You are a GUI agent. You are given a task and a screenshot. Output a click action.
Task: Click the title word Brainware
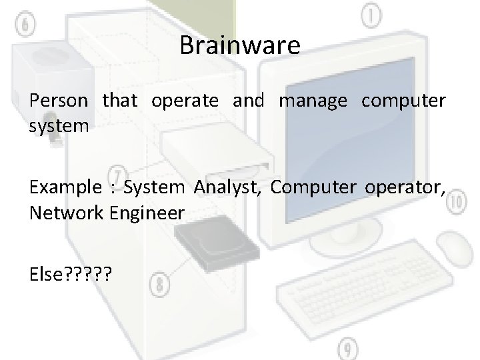240,45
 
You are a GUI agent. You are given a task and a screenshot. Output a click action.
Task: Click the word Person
59,101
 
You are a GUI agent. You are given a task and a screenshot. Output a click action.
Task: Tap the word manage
313,101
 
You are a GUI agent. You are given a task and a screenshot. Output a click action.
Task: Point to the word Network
63,213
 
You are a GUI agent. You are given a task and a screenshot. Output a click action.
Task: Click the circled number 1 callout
370,15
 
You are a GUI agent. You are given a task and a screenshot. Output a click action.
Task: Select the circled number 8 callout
159,285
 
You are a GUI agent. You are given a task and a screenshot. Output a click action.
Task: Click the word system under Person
59,125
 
